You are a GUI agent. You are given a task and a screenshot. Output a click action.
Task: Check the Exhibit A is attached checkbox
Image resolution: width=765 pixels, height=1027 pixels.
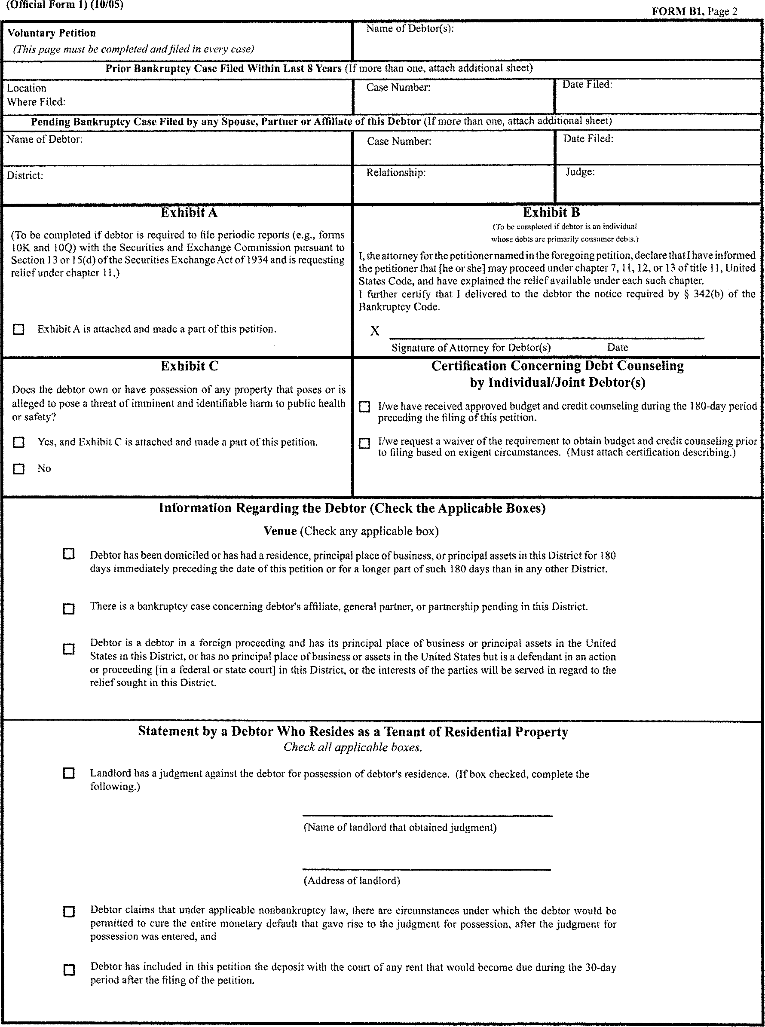(18, 329)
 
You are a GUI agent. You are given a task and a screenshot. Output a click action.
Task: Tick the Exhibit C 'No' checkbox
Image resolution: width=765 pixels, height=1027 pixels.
(18, 469)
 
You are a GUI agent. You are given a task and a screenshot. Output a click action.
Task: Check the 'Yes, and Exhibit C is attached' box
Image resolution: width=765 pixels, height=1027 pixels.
(18, 442)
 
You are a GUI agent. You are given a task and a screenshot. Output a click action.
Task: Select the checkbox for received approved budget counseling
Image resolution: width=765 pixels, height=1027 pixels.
(364, 407)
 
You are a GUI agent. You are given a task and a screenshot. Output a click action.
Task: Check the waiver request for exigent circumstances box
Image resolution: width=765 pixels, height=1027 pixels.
(364, 443)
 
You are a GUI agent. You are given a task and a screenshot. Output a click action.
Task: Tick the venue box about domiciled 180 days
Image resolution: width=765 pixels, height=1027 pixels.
(68, 554)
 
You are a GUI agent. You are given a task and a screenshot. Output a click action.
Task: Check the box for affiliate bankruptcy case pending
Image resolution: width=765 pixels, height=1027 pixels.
(68, 608)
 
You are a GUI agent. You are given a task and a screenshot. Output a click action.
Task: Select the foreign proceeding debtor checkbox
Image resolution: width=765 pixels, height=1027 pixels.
(68, 649)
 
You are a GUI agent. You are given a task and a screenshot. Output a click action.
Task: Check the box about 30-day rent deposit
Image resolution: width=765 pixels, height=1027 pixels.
(68, 969)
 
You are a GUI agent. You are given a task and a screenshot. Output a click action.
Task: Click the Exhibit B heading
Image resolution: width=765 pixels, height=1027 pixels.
(551, 213)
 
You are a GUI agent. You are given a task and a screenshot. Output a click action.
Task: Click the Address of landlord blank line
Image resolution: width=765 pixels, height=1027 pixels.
(426, 869)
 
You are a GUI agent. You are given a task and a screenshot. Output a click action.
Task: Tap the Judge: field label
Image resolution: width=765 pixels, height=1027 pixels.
(580, 172)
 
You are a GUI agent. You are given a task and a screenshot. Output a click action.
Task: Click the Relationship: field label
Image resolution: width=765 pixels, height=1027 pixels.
(395, 173)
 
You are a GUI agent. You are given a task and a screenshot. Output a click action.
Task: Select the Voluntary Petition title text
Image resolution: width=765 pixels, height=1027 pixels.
(52, 34)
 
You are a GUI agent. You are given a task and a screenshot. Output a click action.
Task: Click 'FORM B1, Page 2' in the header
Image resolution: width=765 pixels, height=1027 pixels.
(694, 12)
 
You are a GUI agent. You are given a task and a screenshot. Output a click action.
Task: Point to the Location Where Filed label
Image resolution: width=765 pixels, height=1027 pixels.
(36, 95)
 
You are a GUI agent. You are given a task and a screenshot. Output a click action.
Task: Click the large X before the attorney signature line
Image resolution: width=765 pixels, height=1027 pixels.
(375, 330)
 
